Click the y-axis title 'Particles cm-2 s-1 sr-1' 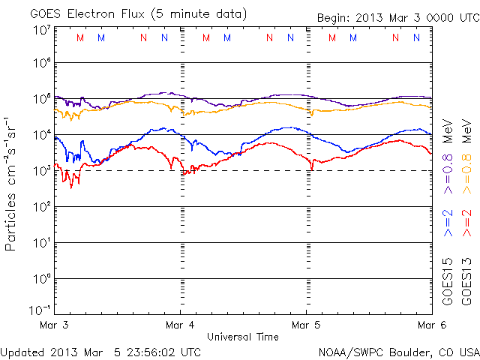13,183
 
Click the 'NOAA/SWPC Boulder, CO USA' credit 398,351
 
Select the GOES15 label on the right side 448,281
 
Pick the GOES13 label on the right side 466,281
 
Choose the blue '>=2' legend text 448,224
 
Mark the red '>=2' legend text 466,224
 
